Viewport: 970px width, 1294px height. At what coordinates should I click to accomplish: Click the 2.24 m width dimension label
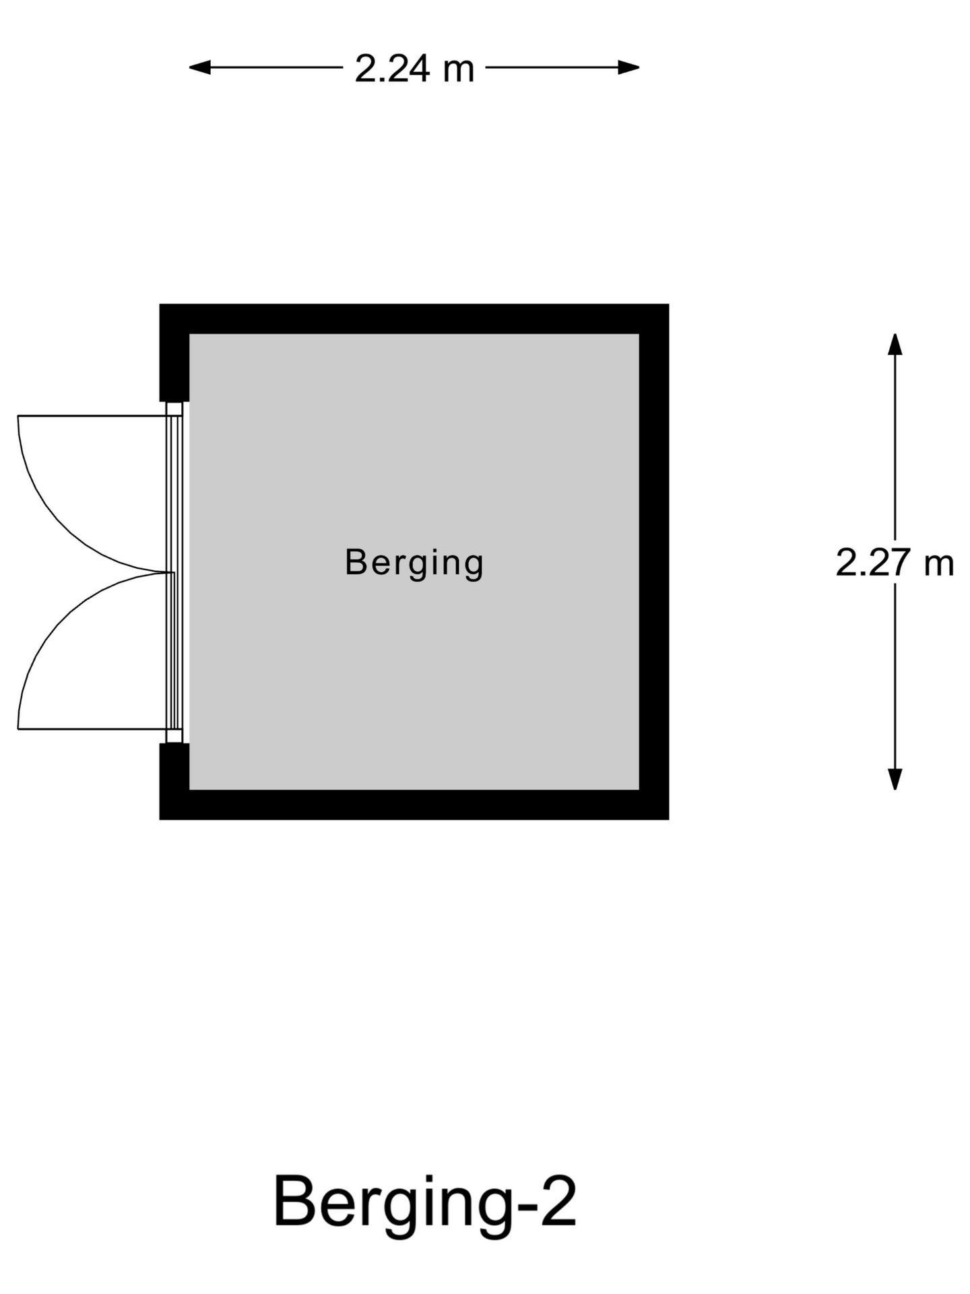tap(414, 69)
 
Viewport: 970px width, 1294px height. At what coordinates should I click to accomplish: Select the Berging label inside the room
tap(414, 563)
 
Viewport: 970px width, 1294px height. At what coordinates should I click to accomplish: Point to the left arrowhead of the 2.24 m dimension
tap(199, 67)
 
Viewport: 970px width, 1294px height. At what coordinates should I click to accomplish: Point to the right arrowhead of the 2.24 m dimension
tap(628, 67)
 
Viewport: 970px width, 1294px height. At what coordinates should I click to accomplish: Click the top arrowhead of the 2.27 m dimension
tap(895, 344)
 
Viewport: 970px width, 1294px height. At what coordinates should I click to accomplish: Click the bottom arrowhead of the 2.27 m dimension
tap(895, 779)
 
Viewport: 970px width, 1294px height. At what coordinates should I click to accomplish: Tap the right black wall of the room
tap(654, 561)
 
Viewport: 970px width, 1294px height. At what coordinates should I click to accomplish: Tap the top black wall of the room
tap(414, 319)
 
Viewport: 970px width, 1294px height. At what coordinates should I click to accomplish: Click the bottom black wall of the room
tap(414, 805)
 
